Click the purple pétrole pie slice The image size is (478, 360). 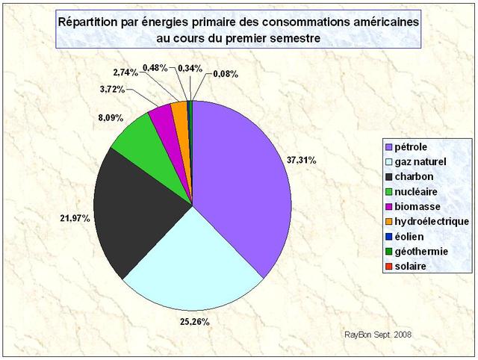point(239,179)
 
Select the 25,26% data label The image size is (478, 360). point(192,322)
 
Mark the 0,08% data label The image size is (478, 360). point(227,74)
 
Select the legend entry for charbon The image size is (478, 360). point(412,176)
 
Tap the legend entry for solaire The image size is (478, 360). point(410,267)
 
